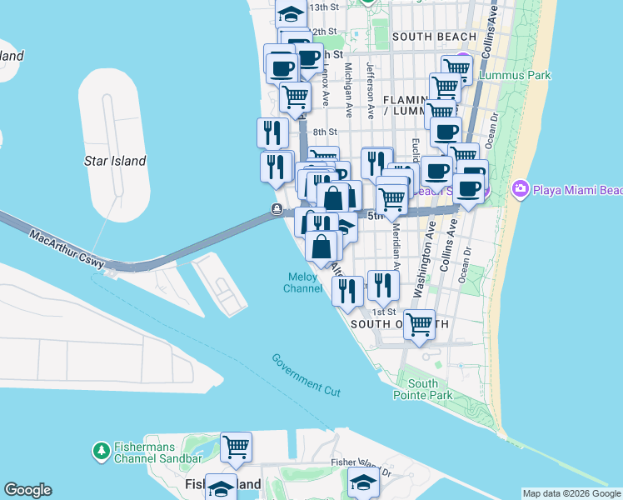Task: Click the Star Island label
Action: click(115, 161)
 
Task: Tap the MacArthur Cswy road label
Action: click(67, 248)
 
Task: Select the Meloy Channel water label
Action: click(303, 282)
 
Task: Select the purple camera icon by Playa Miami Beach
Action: click(521, 190)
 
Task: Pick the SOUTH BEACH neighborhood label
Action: click(434, 37)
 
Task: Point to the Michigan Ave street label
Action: click(347, 83)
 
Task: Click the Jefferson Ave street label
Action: click(370, 83)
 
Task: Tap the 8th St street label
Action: click(325, 132)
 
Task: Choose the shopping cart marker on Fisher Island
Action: click(236, 447)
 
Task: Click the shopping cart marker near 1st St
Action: click(419, 323)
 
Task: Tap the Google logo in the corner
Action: click(27, 490)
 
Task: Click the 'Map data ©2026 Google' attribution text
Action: click(571, 493)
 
